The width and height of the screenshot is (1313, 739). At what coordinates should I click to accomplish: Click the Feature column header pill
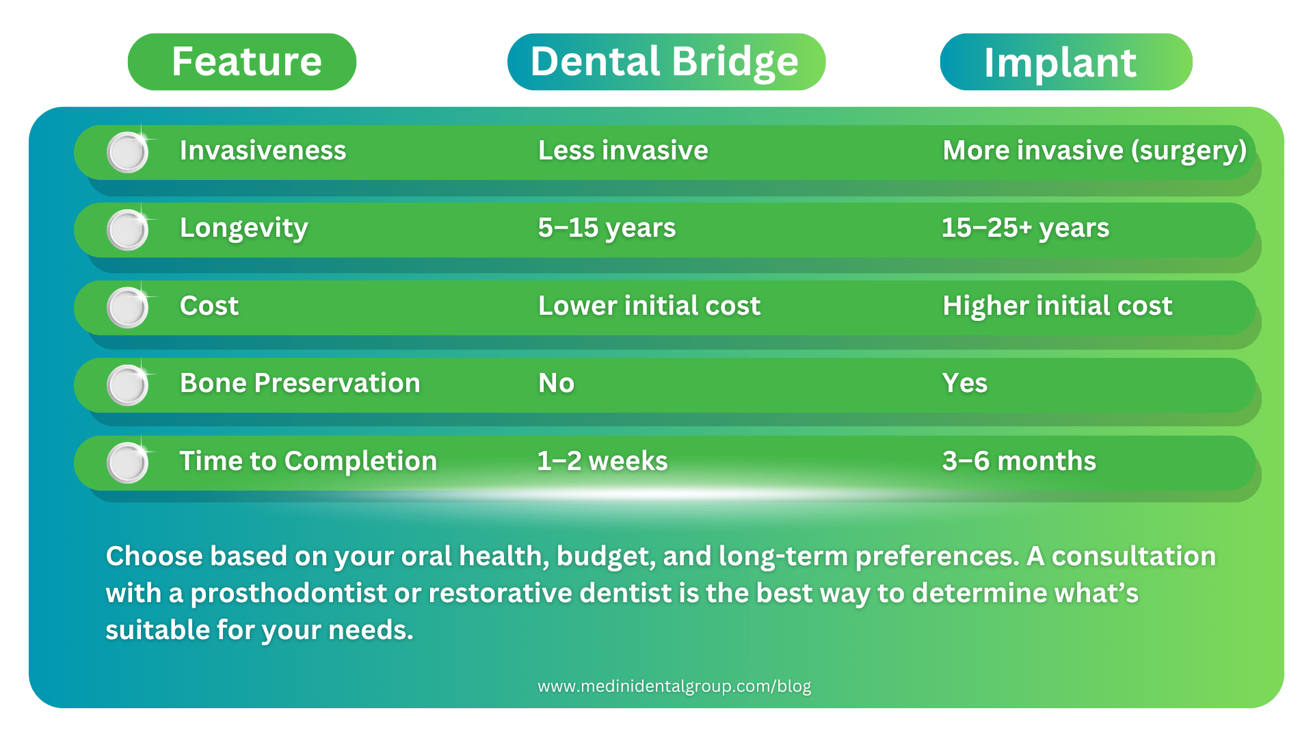(x=242, y=62)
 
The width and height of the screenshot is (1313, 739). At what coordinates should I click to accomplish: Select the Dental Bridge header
(x=665, y=62)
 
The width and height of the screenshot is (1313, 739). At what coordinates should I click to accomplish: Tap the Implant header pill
(x=1065, y=62)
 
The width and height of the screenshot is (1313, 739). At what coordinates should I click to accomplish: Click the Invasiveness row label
(x=263, y=151)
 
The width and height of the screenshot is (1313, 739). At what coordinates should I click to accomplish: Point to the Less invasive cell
(x=622, y=151)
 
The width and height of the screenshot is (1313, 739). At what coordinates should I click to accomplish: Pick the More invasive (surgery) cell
(x=1094, y=151)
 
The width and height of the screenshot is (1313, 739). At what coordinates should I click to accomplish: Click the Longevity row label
(x=243, y=228)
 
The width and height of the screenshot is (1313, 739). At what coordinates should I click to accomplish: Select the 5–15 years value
(x=607, y=228)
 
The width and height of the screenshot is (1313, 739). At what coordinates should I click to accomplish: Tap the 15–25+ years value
(x=1025, y=228)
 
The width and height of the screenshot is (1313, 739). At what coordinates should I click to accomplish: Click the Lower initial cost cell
(x=649, y=306)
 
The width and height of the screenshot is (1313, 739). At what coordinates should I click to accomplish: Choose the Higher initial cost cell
(x=1057, y=306)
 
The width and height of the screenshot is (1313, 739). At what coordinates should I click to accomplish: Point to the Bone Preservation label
(x=300, y=383)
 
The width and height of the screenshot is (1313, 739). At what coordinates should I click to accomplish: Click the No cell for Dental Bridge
(x=556, y=383)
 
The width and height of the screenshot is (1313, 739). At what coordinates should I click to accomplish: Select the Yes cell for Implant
(x=964, y=383)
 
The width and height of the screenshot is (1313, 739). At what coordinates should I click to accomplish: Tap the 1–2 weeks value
(x=602, y=461)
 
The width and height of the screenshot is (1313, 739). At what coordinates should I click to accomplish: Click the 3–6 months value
(x=1019, y=461)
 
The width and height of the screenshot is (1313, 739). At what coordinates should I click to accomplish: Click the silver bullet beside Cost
(x=128, y=307)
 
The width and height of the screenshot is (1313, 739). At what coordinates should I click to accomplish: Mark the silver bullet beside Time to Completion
(x=128, y=463)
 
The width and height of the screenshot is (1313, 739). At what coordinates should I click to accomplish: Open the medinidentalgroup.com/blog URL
(x=674, y=686)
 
